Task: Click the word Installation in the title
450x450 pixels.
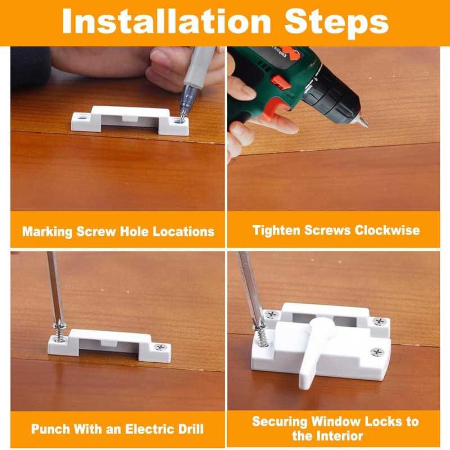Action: coord(166,21)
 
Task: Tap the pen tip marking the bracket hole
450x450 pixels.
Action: coord(182,119)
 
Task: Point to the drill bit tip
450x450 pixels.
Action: coord(364,123)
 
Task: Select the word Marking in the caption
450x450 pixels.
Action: coord(47,232)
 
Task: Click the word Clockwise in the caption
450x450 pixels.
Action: coord(387,230)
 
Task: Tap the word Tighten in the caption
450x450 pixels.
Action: coord(277,231)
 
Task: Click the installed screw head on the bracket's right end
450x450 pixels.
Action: coord(161,347)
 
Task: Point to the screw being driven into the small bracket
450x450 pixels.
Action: coord(60,332)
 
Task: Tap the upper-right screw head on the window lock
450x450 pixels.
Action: coord(379,321)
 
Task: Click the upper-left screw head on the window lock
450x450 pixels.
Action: coord(271,314)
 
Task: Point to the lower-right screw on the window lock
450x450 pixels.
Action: coord(377,352)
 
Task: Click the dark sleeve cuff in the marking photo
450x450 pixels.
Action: coord(30,66)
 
